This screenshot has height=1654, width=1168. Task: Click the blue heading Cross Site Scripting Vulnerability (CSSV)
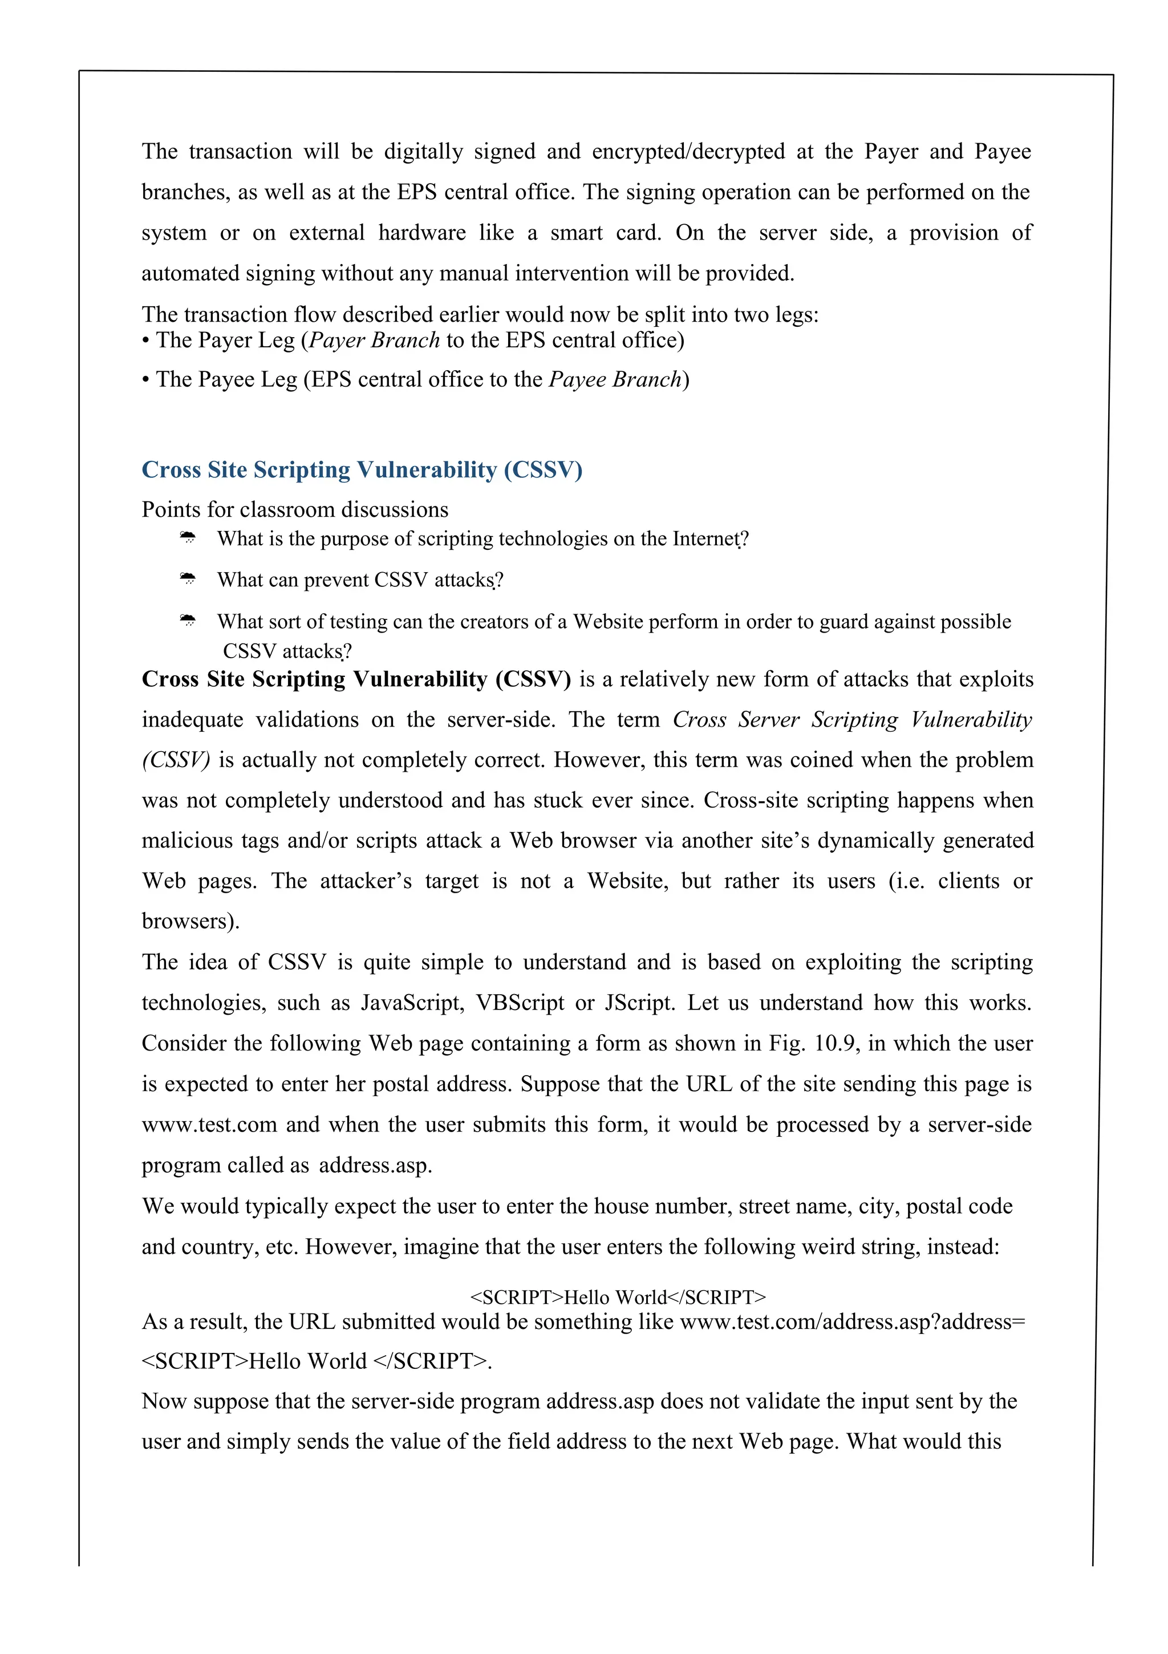coord(362,470)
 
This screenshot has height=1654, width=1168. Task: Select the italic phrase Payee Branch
coord(615,380)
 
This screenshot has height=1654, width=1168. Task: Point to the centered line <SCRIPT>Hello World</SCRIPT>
coord(618,1298)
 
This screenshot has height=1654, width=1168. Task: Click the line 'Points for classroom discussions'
coord(295,510)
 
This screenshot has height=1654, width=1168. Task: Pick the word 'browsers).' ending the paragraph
coord(190,921)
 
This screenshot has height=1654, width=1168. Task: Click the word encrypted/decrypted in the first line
coord(688,151)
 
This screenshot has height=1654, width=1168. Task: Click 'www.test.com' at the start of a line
coord(209,1125)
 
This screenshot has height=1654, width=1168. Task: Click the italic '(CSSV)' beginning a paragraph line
coord(176,760)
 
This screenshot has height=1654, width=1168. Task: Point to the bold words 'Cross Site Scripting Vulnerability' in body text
coord(315,679)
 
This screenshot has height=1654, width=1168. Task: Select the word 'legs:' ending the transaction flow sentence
coord(797,315)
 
